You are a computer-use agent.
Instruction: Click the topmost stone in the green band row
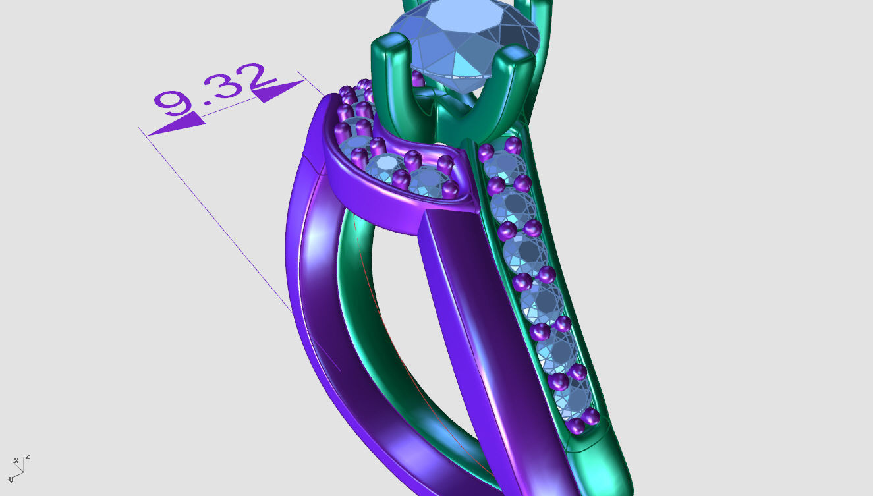[x=504, y=165]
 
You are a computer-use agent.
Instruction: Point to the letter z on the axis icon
[x=28, y=456]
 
